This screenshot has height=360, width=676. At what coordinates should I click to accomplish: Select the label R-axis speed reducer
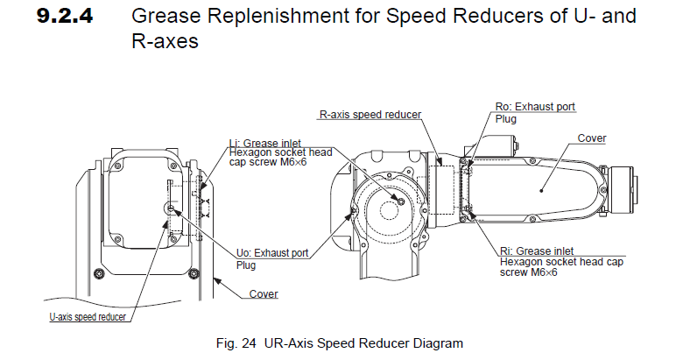click(370, 114)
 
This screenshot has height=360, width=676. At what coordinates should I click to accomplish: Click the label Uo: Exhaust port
click(274, 252)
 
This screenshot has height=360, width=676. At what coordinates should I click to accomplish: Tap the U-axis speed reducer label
click(88, 314)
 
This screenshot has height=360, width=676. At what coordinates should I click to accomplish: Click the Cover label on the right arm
click(592, 138)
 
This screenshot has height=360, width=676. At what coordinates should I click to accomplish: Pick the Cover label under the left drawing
click(264, 293)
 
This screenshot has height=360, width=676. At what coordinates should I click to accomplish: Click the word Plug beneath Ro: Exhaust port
click(505, 117)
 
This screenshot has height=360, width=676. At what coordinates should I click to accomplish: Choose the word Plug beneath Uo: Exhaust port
click(246, 263)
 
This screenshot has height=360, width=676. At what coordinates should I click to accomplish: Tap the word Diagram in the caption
click(442, 342)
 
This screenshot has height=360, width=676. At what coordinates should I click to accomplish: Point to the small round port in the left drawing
click(168, 208)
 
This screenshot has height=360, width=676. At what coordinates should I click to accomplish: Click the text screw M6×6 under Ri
click(529, 272)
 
